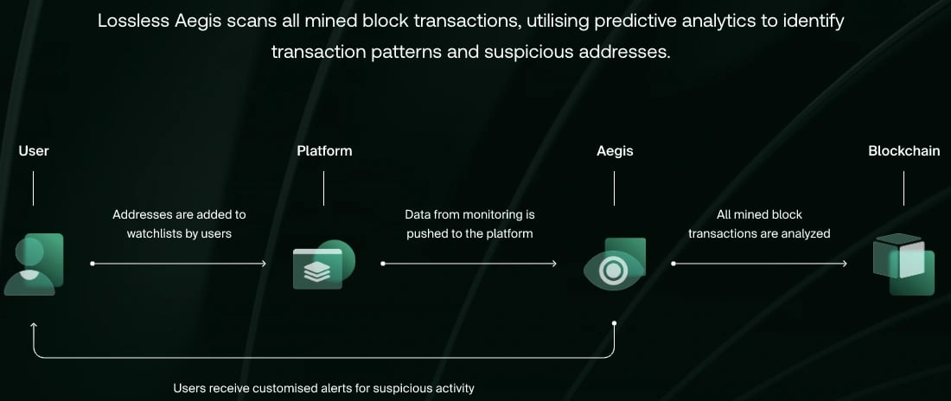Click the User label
(34, 150)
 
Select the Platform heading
(324, 150)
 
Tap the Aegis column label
(615, 151)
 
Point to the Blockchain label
(904, 150)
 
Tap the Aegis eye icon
(615, 264)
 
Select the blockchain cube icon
(903, 264)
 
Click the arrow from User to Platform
(178, 264)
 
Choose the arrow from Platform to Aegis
(469, 264)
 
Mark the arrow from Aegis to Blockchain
(759, 264)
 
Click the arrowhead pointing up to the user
(34, 327)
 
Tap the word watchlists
(151, 233)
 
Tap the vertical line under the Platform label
(324, 188)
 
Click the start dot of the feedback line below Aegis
(615, 323)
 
